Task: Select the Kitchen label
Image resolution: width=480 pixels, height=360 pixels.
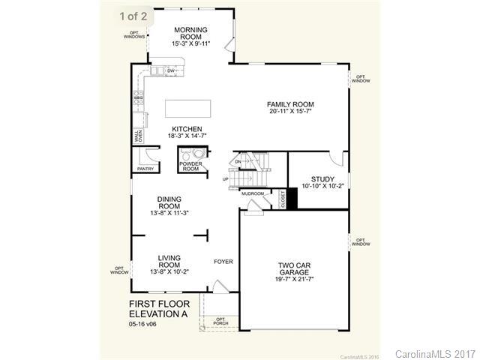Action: [x=186, y=128]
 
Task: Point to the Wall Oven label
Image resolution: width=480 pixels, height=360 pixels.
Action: [x=139, y=136]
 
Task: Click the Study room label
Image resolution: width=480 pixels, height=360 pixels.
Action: [x=322, y=179]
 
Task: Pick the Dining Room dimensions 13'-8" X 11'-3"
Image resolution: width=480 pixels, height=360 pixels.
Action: [x=169, y=213]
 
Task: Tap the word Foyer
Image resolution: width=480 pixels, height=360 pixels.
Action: [x=223, y=262]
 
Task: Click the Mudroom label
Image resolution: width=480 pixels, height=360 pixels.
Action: [x=253, y=193]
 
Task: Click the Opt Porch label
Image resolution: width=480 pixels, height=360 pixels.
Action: [x=220, y=321]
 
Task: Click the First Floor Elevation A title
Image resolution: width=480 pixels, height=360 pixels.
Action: [x=158, y=309]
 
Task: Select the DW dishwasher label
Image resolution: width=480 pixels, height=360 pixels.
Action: [x=171, y=71]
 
